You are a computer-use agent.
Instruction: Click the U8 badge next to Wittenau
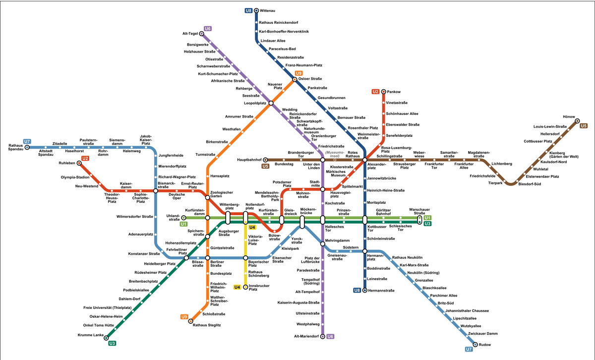click(249, 10)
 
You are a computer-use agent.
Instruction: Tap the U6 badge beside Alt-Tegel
click(208, 28)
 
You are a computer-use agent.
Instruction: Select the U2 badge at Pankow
click(375, 92)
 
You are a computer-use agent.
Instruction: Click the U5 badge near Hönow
click(583, 126)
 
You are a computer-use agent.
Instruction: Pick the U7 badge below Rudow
click(469, 350)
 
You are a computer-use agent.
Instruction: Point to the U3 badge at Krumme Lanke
click(113, 343)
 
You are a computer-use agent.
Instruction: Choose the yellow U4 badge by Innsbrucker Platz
click(237, 287)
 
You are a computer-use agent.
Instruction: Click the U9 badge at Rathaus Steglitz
click(184, 317)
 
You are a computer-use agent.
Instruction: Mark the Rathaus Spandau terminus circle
click(27, 147)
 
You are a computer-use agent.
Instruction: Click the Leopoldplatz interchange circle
click(271, 103)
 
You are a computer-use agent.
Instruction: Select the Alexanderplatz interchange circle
click(364, 160)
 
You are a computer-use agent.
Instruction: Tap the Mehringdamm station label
click(338, 241)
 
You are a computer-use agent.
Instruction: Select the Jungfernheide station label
click(171, 155)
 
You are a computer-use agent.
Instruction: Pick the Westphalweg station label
click(308, 324)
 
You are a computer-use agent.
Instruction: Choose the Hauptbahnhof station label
click(250, 160)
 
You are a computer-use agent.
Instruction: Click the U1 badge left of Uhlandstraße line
click(183, 224)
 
